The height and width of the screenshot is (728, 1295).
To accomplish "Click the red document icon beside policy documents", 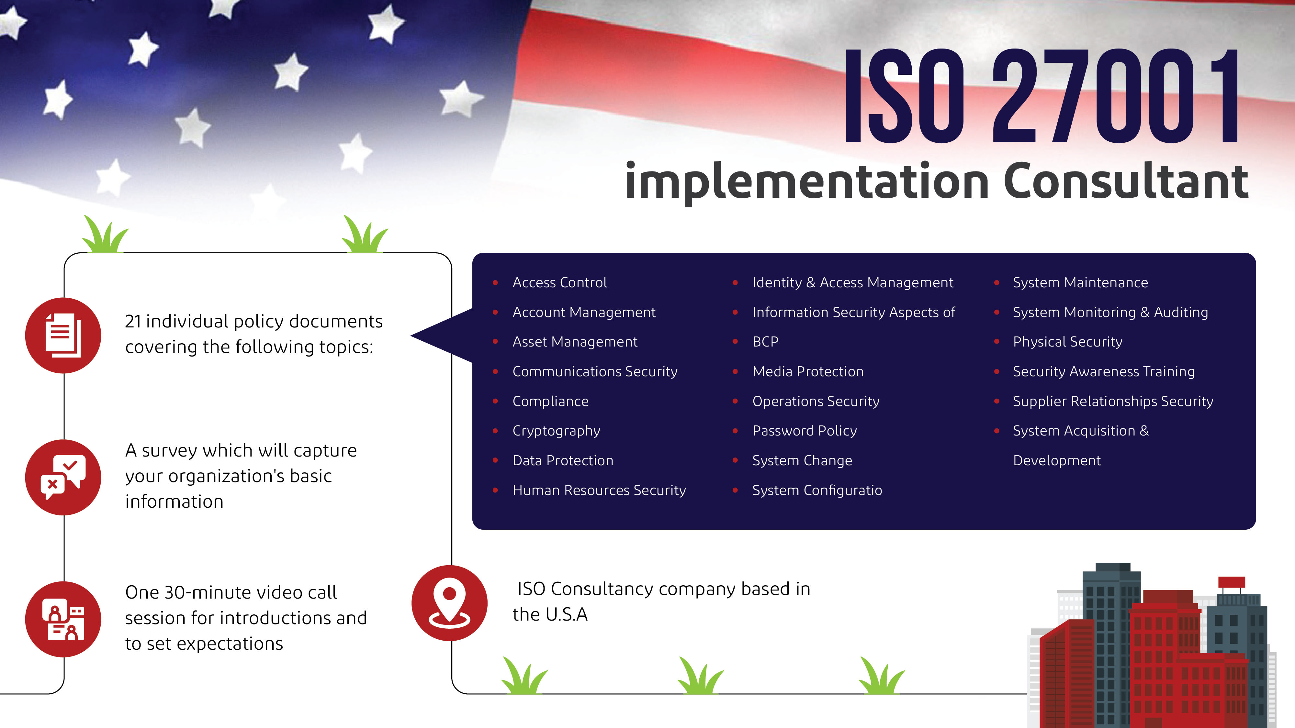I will coord(63,335).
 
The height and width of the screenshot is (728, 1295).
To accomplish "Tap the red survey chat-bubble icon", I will coord(63,477).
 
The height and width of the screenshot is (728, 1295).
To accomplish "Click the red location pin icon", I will coord(449,602).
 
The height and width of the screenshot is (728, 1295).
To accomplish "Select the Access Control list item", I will coord(559,282).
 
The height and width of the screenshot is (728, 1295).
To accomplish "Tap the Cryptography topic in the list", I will coord(556,431).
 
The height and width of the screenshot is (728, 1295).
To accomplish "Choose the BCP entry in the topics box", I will coord(765,342).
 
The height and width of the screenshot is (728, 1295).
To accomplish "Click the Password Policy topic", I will coord(804,431).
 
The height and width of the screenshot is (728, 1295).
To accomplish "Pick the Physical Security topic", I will coord(1067,342).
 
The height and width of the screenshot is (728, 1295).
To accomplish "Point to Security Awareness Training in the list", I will coord(1103,371).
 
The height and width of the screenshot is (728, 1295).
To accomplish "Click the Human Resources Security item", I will coord(599,490).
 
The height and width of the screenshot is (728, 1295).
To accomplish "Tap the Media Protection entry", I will coord(808,371).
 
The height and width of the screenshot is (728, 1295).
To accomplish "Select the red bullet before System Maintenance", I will coord(997,283).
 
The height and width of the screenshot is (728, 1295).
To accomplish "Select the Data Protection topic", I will coord(563,460).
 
